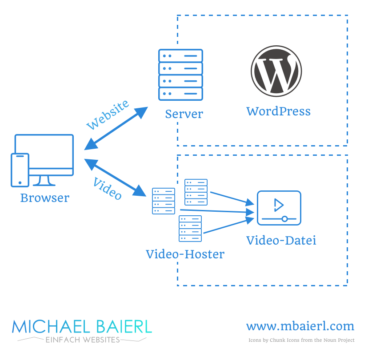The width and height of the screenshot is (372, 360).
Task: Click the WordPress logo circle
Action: click(x=276, y=71)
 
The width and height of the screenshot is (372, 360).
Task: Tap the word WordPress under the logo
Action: click(x=278, y=111)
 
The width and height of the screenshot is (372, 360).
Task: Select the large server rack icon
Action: click(x=180, y=75)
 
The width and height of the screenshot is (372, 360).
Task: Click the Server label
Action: click(x=184, y=114)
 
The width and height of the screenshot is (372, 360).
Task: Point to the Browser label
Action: click(x=45, y=198)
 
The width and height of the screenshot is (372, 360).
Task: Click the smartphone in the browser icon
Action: click(x=20, y=170)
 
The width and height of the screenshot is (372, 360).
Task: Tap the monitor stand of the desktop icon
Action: click(x=44, y=181)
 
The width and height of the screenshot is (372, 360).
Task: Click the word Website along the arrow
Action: click(x=108, y=115)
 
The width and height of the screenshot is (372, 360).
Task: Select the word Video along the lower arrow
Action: click(x=108, y=189)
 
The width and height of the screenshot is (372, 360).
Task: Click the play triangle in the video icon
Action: click(x=279, y=205)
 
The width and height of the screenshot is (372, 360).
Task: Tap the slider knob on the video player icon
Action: click(x=285, y=219)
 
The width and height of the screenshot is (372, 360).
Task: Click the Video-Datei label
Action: click(x=281, y=240)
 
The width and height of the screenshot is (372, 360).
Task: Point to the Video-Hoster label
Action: click(x=185, y=254)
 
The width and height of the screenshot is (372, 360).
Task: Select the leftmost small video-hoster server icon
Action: click(x=164, y=201)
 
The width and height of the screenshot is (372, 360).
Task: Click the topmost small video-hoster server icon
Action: click(x=196, y=192)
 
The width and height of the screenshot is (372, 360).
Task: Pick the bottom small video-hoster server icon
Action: click(x=190, y=229)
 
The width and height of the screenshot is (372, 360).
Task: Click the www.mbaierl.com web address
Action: click(x=300, y=326)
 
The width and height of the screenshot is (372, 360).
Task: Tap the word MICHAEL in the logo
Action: click(x=51, y=327)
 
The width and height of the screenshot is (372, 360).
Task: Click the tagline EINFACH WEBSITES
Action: click(x=83, y=340)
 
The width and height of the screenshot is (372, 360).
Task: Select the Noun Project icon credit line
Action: click(x=301, y=340)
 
